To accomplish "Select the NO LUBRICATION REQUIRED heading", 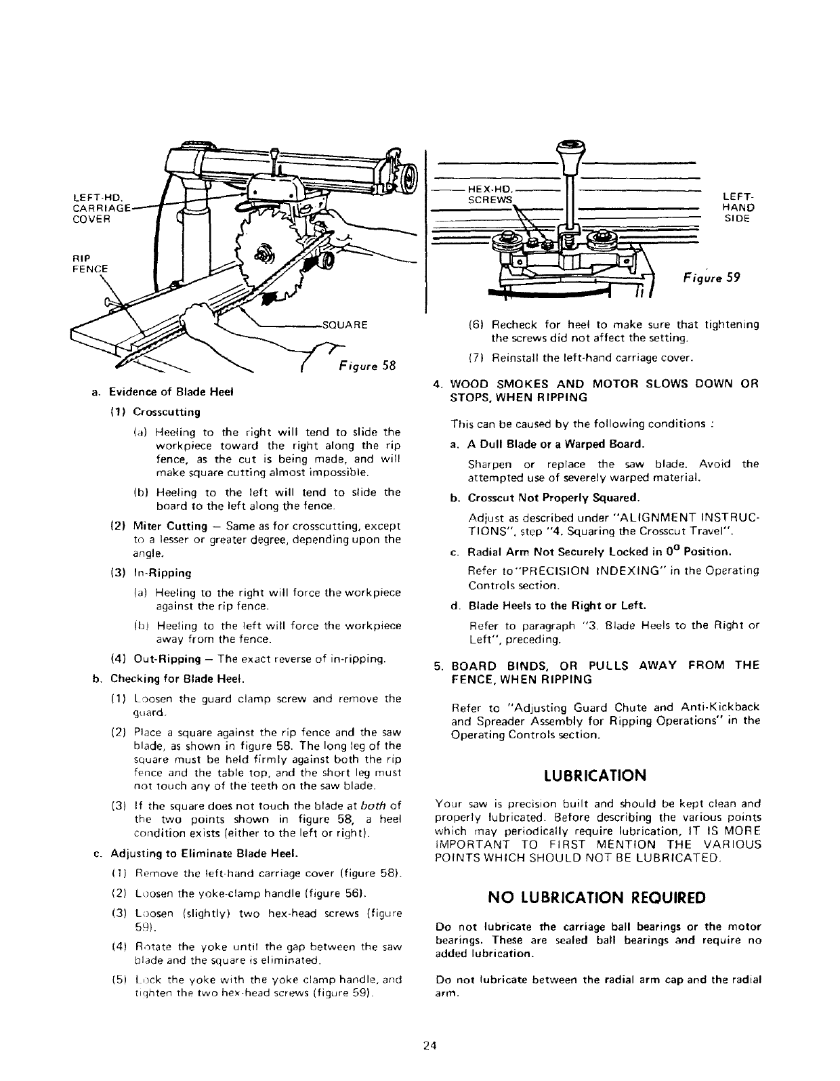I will (597, 897).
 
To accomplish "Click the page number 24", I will (427, 1045).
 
